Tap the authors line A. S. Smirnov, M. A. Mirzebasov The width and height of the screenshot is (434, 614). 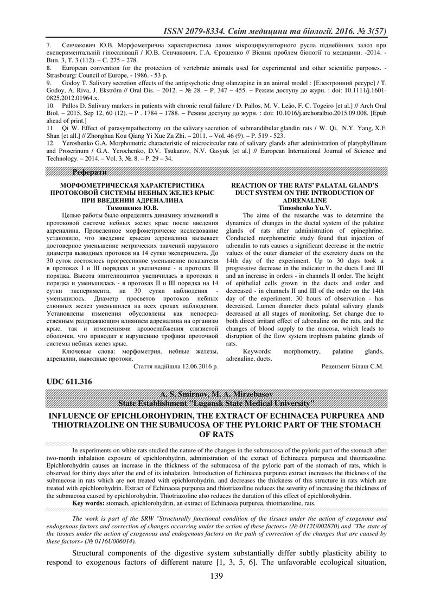pos(216,393)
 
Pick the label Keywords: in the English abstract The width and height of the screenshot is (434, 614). pos(257,351)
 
